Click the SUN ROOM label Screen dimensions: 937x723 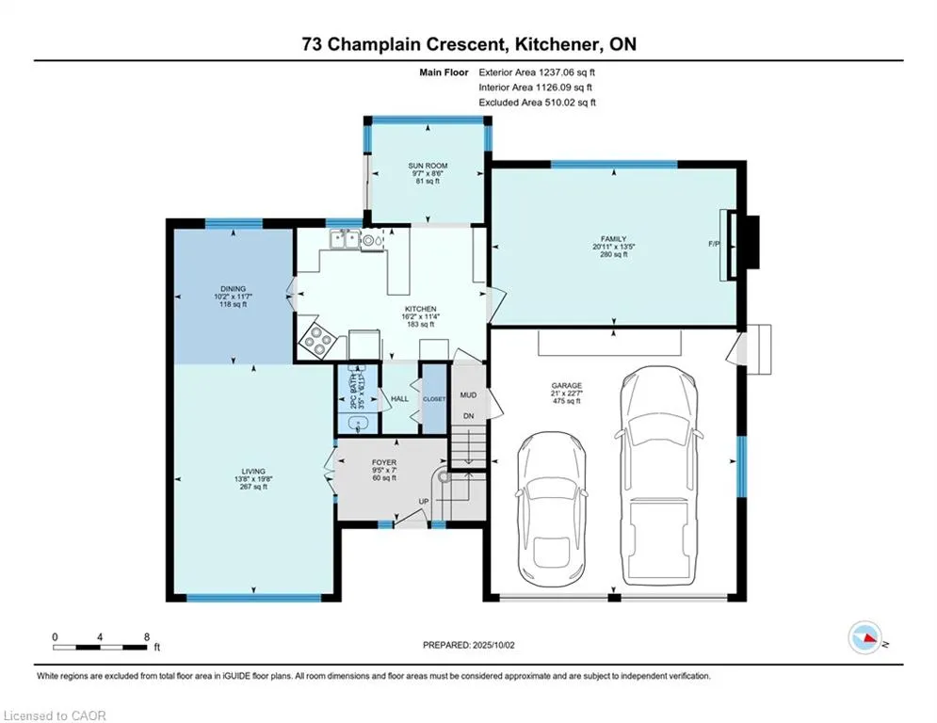[428, 166]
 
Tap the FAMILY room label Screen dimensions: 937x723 [614, 239]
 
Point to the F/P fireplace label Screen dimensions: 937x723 [714, 244]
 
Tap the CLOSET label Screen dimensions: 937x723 [434, 399]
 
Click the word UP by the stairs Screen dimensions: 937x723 [424, 502]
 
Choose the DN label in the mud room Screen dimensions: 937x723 [469, 416]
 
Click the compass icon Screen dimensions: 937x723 [864, 637]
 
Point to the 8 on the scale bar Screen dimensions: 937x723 [147, 637]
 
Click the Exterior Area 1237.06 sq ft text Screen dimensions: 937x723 [537, 72]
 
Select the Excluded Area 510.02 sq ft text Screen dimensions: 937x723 [537, 103]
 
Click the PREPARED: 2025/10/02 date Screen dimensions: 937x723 [469, 645]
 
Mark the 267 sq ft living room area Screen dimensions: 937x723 [253, 487]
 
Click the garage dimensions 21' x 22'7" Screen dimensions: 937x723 [567, 394]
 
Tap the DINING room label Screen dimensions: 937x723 [233, 289]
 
